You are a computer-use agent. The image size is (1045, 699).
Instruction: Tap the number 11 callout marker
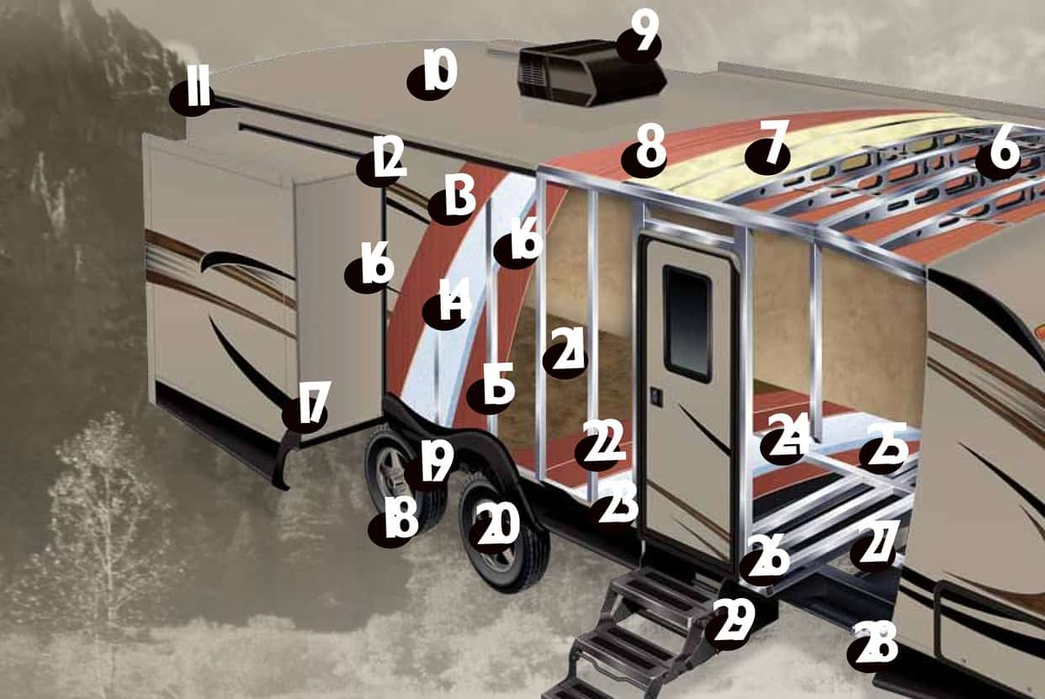pos(191,95)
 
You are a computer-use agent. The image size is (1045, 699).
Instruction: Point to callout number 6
pos(999,154)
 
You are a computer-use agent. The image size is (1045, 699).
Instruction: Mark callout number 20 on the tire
pos(494,527)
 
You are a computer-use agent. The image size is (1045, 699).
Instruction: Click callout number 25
pos(883,448)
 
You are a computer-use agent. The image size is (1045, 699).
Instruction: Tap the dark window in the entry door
pos(687,323)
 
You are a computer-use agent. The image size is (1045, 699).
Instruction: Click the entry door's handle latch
pos(656,398)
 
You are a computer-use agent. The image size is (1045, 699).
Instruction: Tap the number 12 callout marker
pos(381,162)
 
